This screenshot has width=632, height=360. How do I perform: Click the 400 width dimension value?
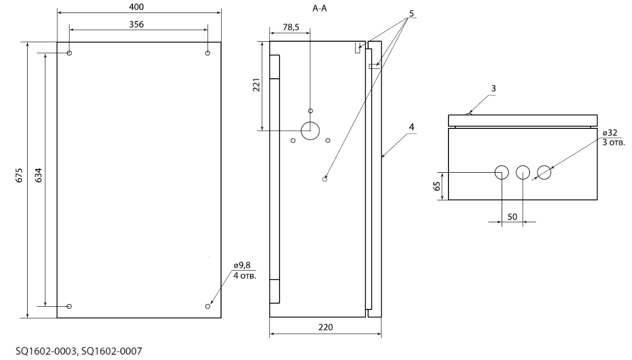coord(136,7)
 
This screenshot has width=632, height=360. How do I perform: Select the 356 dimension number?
coord(136,25)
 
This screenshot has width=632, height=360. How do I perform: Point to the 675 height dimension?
coord(19,175)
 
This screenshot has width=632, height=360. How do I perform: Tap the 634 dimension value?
coord(39,175)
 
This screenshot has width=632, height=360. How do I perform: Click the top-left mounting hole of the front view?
coord(69,53)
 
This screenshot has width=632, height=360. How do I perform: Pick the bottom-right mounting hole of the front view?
coord(208,306)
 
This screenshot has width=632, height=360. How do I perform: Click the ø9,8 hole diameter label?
coord(242,265)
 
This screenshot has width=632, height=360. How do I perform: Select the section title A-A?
coord(319,8)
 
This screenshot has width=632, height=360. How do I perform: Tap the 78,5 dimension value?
coord(291,27)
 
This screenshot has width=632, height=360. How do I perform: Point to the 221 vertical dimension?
coord(256,85)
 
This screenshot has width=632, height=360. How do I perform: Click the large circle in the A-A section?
coord(310,122)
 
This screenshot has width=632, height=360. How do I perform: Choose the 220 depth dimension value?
coord(325,327)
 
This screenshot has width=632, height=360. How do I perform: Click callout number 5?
coord(411,13)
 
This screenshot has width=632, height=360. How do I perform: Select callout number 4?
coord(411,127)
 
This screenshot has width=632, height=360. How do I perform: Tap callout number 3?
coord(493,88)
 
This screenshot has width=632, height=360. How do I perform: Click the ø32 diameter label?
coord(610,133)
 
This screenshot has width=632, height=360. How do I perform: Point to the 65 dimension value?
coord(437,186)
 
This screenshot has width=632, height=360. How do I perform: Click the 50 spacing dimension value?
coord(513,217)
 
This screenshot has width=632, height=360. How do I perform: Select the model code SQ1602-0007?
coord(112,351)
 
